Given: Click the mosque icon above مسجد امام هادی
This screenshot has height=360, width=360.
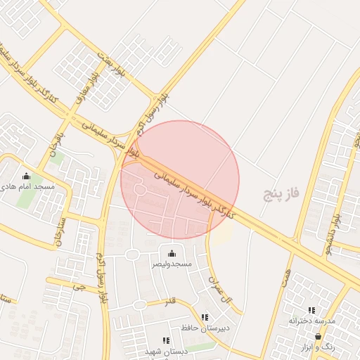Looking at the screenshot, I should tap(27, 176).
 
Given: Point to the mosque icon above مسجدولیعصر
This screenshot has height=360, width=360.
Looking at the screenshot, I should tap(172, 253).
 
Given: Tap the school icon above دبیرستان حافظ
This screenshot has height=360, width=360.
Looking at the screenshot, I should tap(205, 317).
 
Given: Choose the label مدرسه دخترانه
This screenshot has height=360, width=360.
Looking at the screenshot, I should tap(313, 321).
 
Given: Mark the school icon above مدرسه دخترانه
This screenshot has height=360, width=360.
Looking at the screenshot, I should tap(311, 310).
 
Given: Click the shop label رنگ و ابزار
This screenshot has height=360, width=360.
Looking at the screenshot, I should tap(317, 347).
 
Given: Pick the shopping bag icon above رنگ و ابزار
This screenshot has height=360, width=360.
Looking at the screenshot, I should tap(318, 337).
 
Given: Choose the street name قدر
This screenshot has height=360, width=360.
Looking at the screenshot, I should tap(169, 303).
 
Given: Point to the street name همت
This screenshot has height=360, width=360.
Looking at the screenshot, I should tap(286, 268).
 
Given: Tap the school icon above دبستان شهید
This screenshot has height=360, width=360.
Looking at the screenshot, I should tap(166, 340).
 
